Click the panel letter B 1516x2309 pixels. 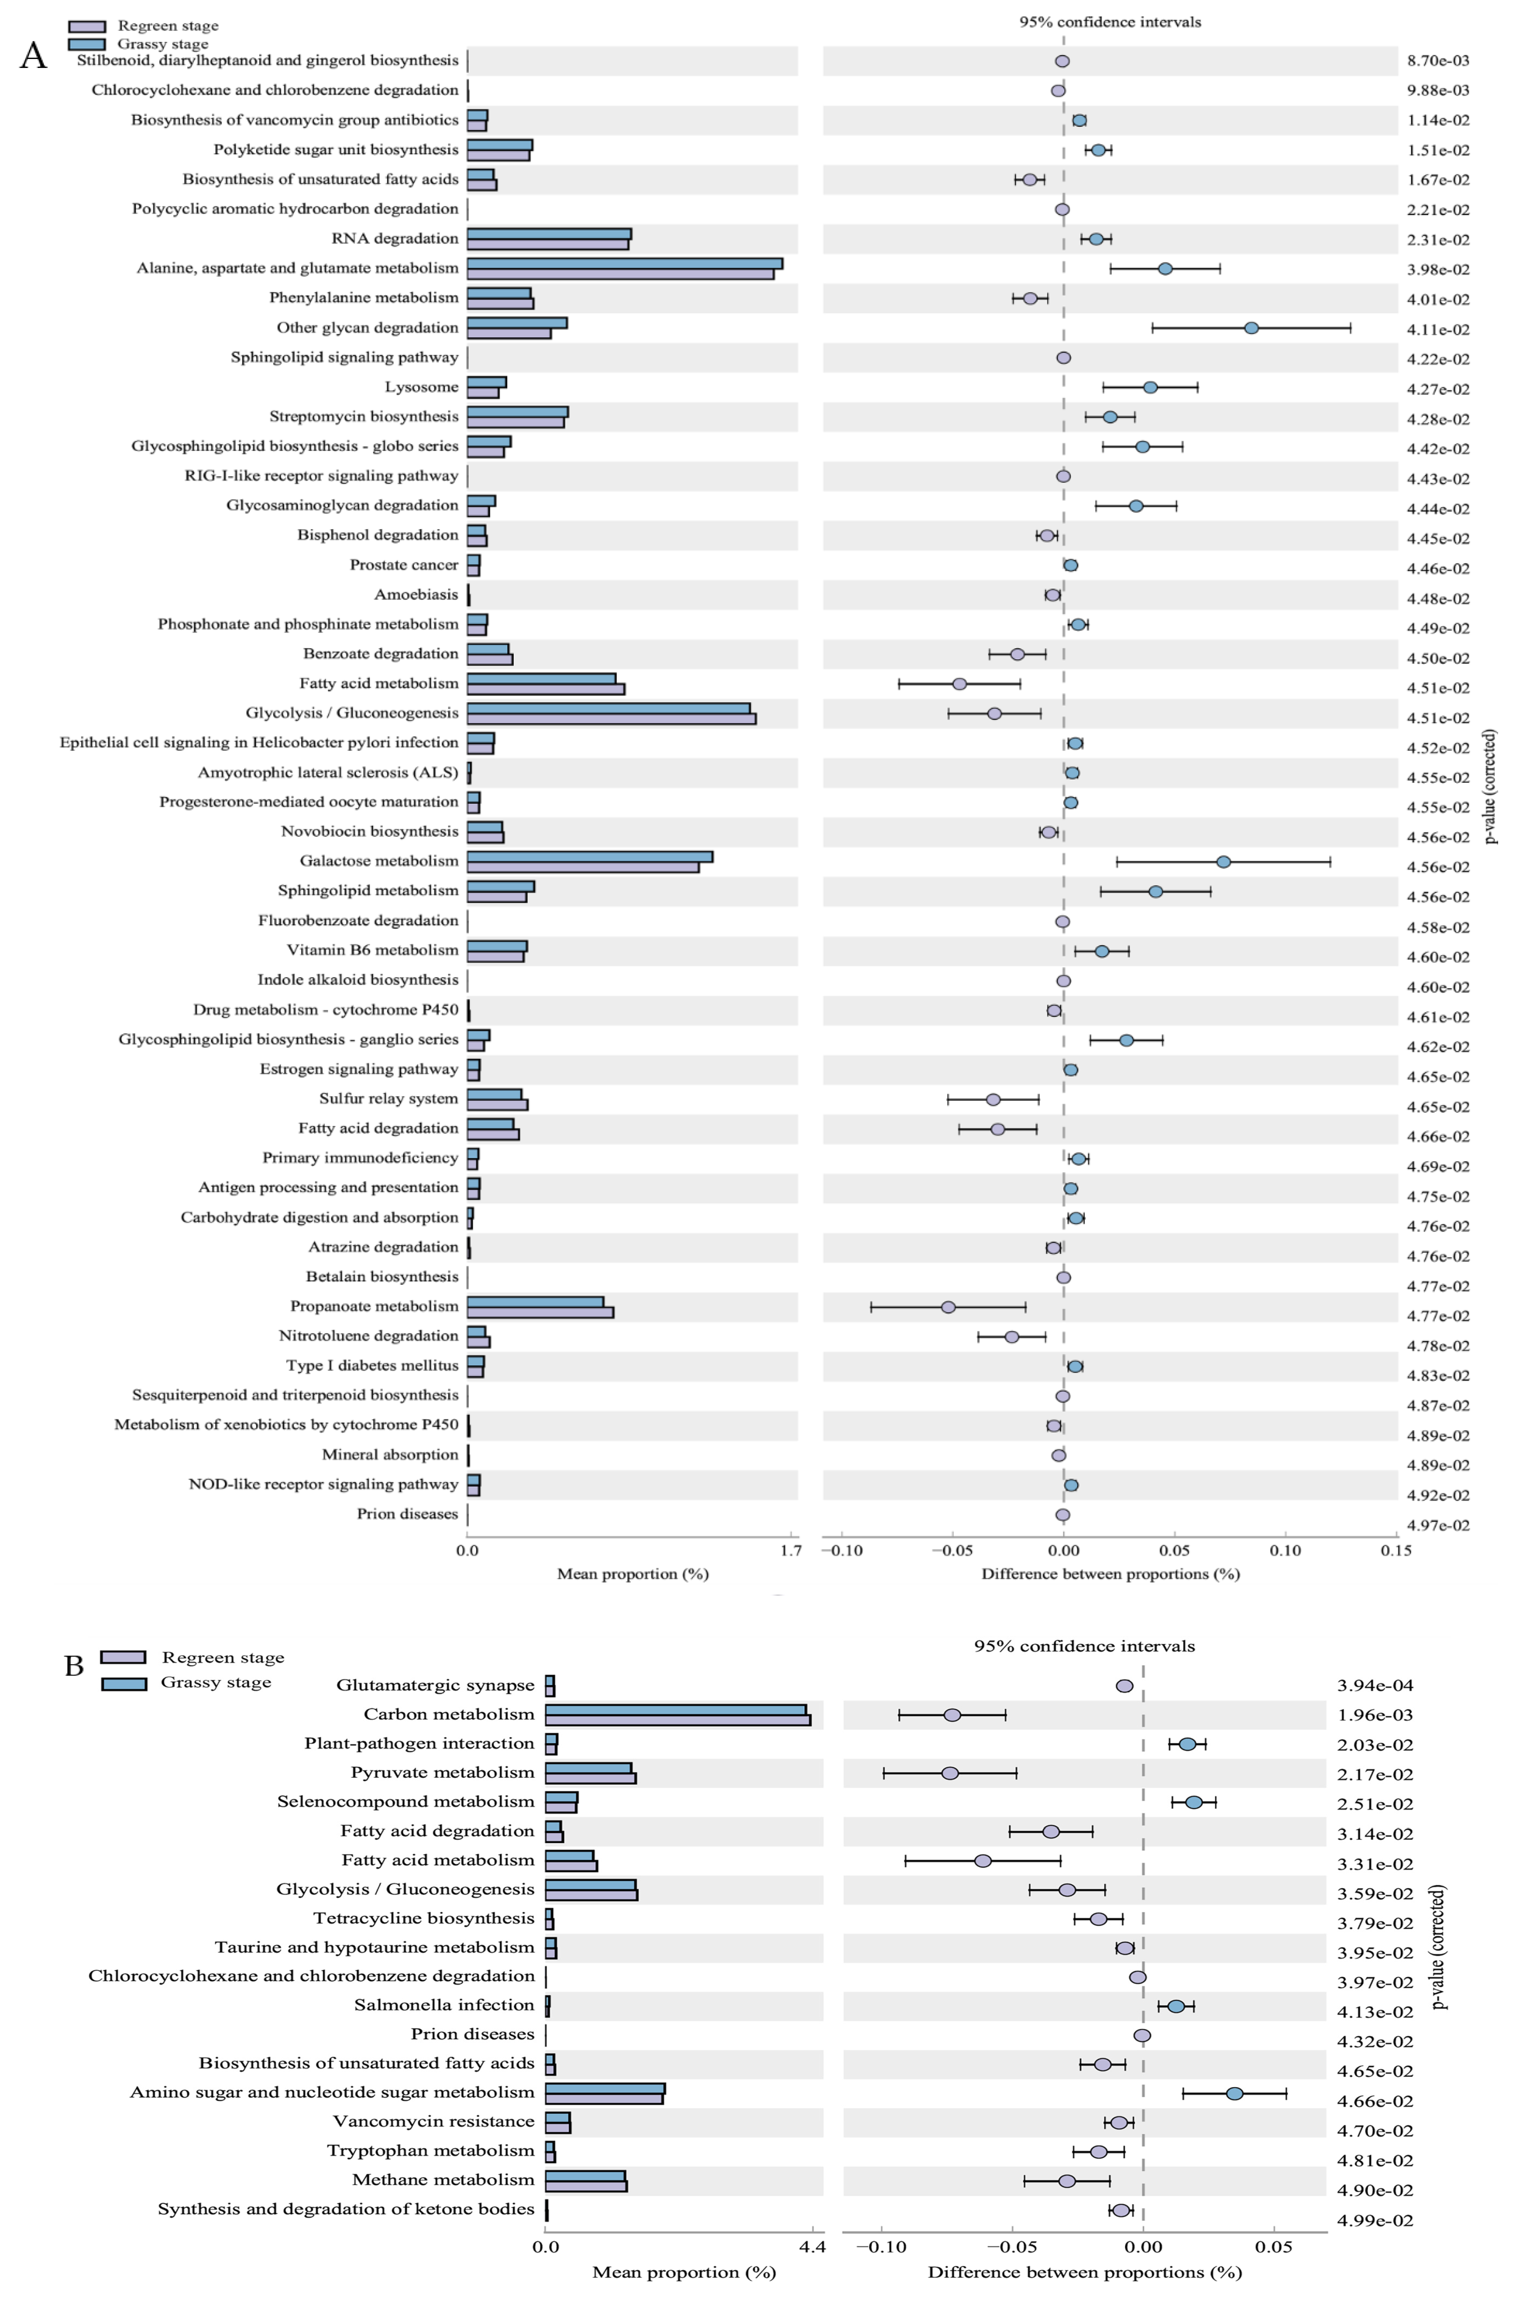click(74, 1666)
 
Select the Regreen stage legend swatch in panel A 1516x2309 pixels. click(86, 26)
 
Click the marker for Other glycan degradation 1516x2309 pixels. click(1251, 328)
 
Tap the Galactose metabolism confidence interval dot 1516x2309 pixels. click(1223, 862)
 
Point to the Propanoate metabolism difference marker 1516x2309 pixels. click(948, 1307)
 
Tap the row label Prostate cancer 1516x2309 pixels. click(404, 565)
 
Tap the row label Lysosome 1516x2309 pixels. click(421, 387)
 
